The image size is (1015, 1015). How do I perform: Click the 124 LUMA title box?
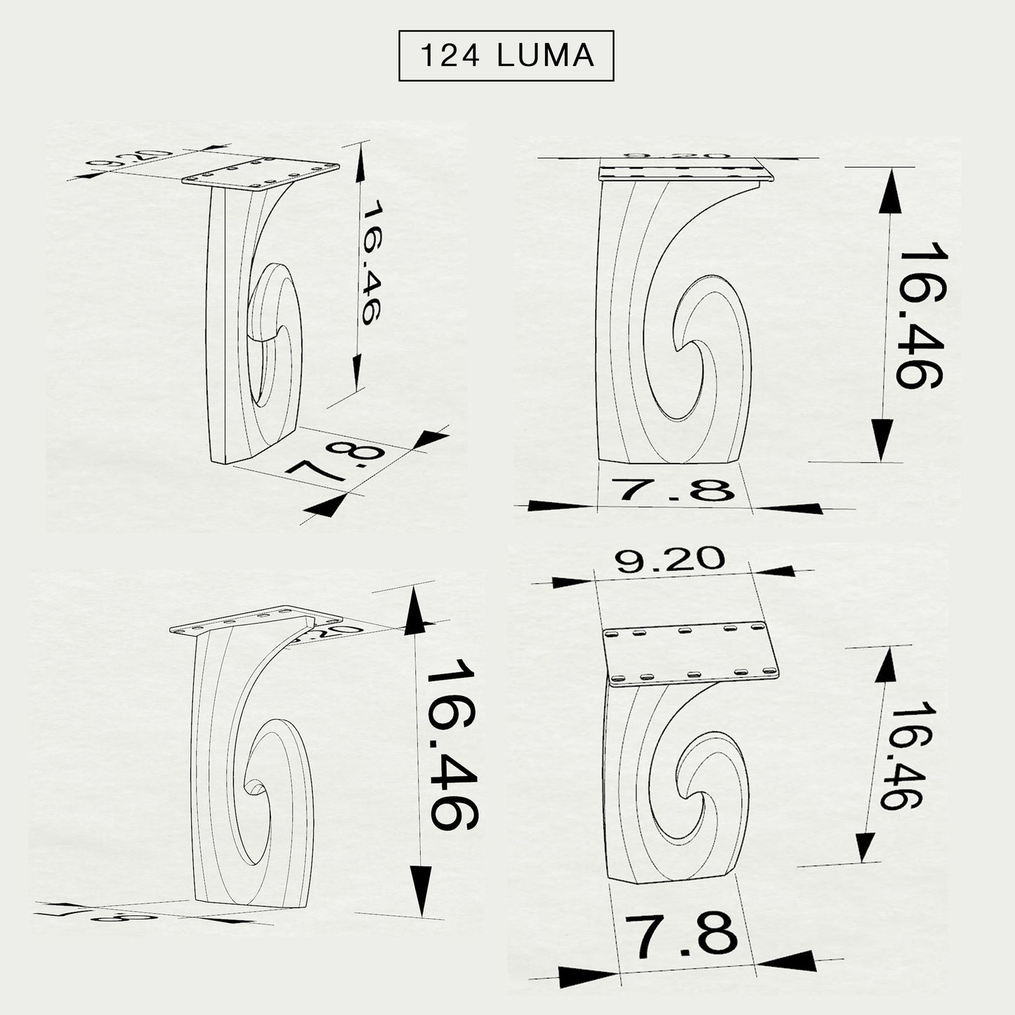point(506,56)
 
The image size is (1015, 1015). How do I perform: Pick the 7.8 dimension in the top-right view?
point(673,489)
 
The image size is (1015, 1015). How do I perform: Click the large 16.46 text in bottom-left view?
point(452,745)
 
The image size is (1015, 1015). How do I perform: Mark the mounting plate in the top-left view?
point(261,173)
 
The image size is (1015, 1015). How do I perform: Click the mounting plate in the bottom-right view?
point(693,655)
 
